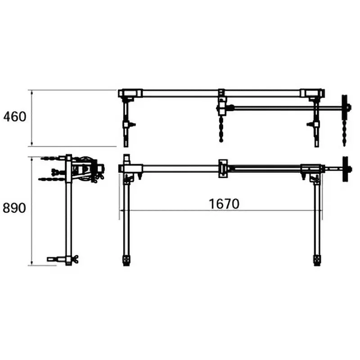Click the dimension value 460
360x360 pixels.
tap(15, 117)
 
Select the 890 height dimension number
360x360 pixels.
tap(15, 208)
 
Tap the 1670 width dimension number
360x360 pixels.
tap(224, 203)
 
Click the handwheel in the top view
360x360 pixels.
tap(345, 107)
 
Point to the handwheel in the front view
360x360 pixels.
tap(345, 169)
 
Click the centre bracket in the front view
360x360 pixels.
tap(223, 168)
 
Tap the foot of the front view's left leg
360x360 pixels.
tap(126, 261)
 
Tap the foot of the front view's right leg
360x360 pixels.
tap(317, 261)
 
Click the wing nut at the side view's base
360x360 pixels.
tap(73, 259)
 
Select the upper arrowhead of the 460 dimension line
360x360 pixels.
tap(31, 91)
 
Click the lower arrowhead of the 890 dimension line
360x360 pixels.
tap(31, 263)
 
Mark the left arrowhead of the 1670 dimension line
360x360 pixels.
tap(121, 210)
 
